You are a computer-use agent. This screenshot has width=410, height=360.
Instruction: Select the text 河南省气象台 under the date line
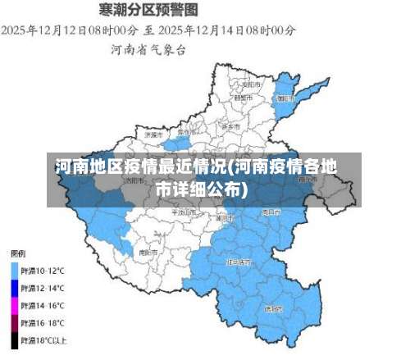click(148, 49)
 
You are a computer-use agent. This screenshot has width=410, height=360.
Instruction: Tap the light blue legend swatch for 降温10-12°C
click(15, 270)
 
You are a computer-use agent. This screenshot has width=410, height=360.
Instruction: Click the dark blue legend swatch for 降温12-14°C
click(15, 288)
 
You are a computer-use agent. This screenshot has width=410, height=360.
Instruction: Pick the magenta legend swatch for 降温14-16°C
click(15, 305)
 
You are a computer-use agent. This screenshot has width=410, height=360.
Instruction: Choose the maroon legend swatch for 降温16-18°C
click(15, 322)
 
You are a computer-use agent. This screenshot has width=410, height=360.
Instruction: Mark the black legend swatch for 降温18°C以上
click(15, 339)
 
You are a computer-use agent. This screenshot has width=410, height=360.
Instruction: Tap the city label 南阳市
click(148, 253)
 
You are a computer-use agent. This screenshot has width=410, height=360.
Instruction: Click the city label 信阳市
click(274, 309)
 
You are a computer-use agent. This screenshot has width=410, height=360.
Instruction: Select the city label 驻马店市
click(241, 262)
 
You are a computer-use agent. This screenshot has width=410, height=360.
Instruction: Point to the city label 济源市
click(153, 134)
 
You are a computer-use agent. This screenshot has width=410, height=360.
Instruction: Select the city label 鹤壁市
click(243, 98)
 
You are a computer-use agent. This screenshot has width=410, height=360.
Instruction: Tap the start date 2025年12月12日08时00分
click(63, 30)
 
